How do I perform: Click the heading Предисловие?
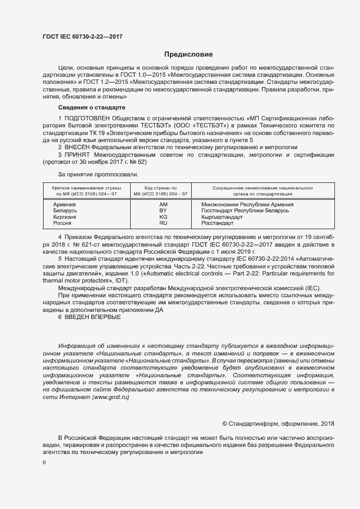(188, 54)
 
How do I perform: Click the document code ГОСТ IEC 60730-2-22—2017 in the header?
(82, 36)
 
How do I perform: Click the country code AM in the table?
(163, 205)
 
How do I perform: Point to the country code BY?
(163, 211)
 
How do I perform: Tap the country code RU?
(163, 223)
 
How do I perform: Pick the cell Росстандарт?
(217, 223)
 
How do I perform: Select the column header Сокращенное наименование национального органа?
(254, 190)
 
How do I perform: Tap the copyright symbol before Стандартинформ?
(225, 424)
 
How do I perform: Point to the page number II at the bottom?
(44, 463)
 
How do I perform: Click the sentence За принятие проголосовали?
(97, 174)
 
